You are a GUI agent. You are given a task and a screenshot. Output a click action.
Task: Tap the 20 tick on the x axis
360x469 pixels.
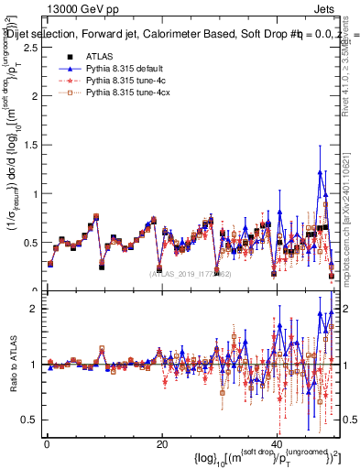point(161,443)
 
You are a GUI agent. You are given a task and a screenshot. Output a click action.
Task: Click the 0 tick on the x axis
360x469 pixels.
point(46,443)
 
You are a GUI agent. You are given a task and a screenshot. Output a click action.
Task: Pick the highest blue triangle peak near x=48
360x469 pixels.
point(320,171)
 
